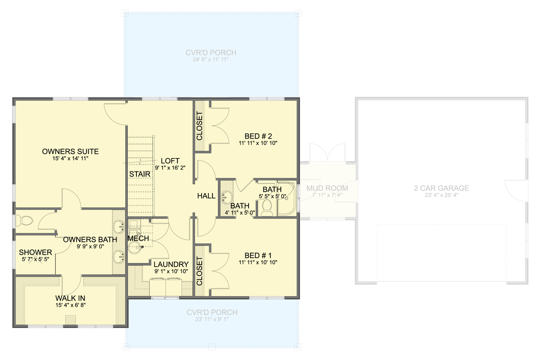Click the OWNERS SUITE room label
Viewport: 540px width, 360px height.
70,151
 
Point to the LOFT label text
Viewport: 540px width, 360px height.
170,161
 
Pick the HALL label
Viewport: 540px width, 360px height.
207,196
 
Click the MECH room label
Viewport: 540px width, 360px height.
135,238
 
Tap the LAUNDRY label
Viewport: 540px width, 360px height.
171,264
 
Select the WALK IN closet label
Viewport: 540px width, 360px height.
70,298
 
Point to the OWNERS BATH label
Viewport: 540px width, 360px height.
90,239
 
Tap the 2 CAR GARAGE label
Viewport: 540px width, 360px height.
441,188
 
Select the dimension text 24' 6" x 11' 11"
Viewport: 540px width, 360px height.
211,60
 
